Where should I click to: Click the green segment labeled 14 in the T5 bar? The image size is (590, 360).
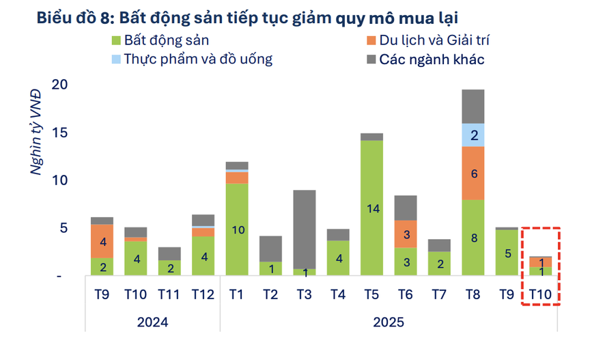(371, 208)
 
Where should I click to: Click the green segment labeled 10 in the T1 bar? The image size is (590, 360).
(237, 230)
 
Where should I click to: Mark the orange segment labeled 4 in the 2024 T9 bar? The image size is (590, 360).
(102, 241)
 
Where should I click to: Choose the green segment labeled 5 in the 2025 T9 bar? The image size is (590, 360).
(506, 253)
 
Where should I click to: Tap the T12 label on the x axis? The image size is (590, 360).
(203, 294)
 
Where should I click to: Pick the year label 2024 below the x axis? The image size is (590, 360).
(152, 321)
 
